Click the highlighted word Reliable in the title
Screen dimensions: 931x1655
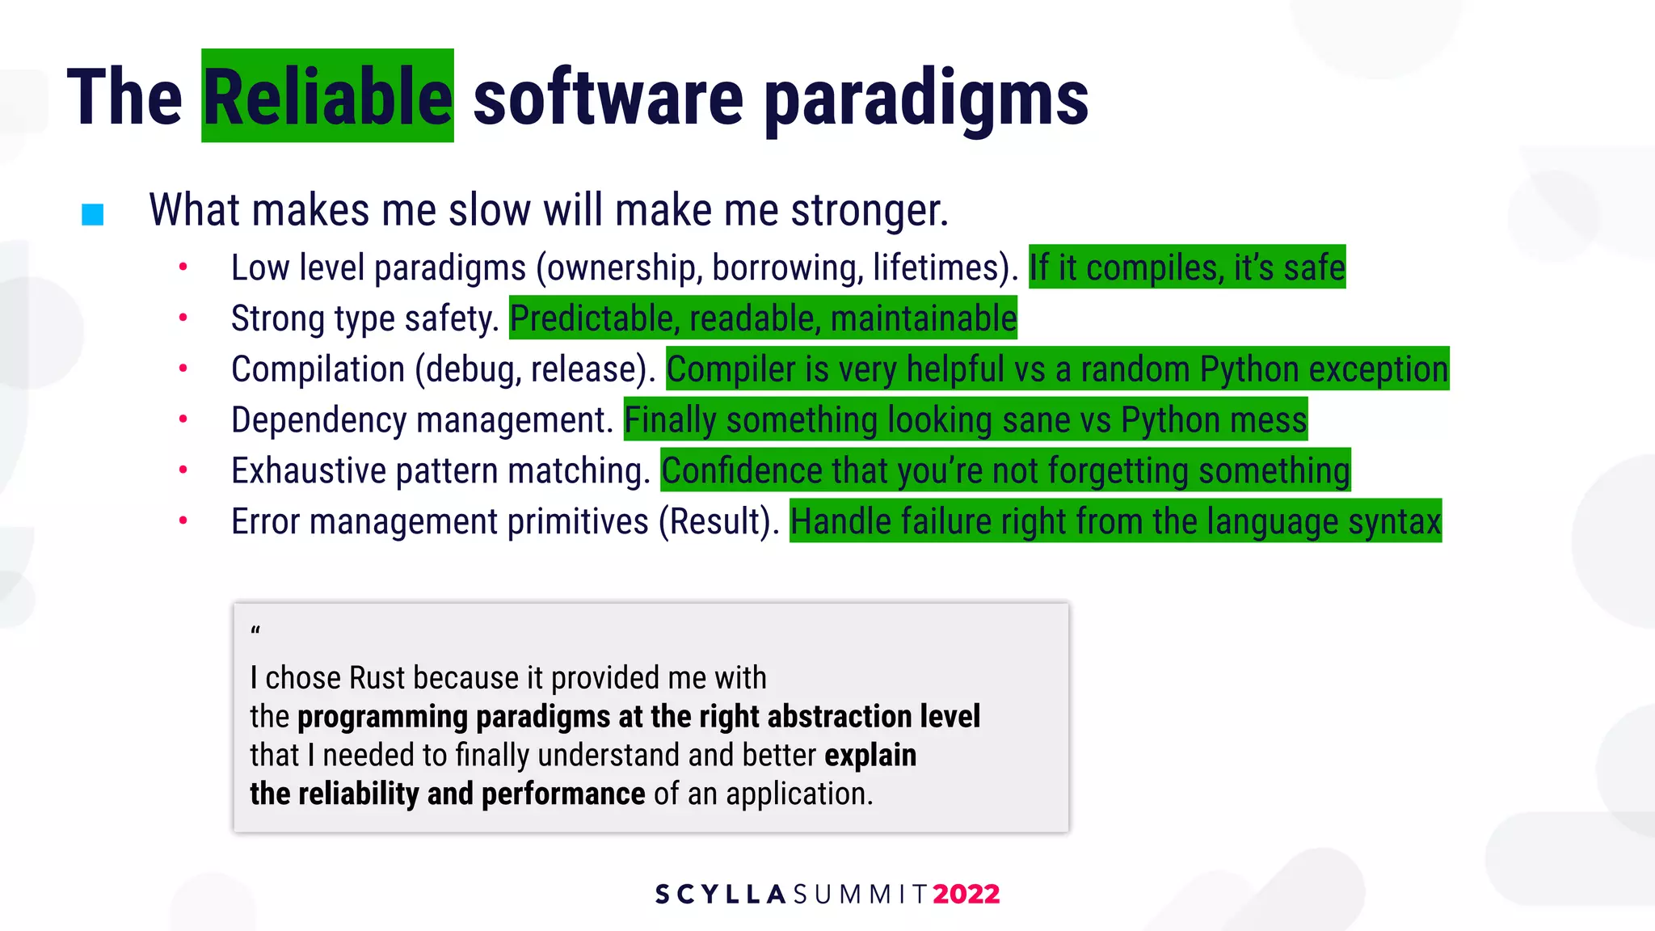tap(327, 97)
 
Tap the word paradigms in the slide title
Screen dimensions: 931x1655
tap(926, 99)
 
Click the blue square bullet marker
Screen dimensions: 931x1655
tap(93, 214)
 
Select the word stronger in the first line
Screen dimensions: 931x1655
tap(869, 210)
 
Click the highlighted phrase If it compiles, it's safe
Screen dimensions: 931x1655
tap(1186, 268)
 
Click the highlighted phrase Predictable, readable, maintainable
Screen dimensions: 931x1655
tap(763, 318)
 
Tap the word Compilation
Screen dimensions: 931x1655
tap(318, 369)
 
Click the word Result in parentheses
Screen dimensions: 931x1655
tap(714, 522)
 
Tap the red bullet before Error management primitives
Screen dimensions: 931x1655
tap(183, 521)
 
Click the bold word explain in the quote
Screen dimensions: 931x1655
tap(870, 755)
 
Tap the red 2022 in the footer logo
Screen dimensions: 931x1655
tap(966, 894)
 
